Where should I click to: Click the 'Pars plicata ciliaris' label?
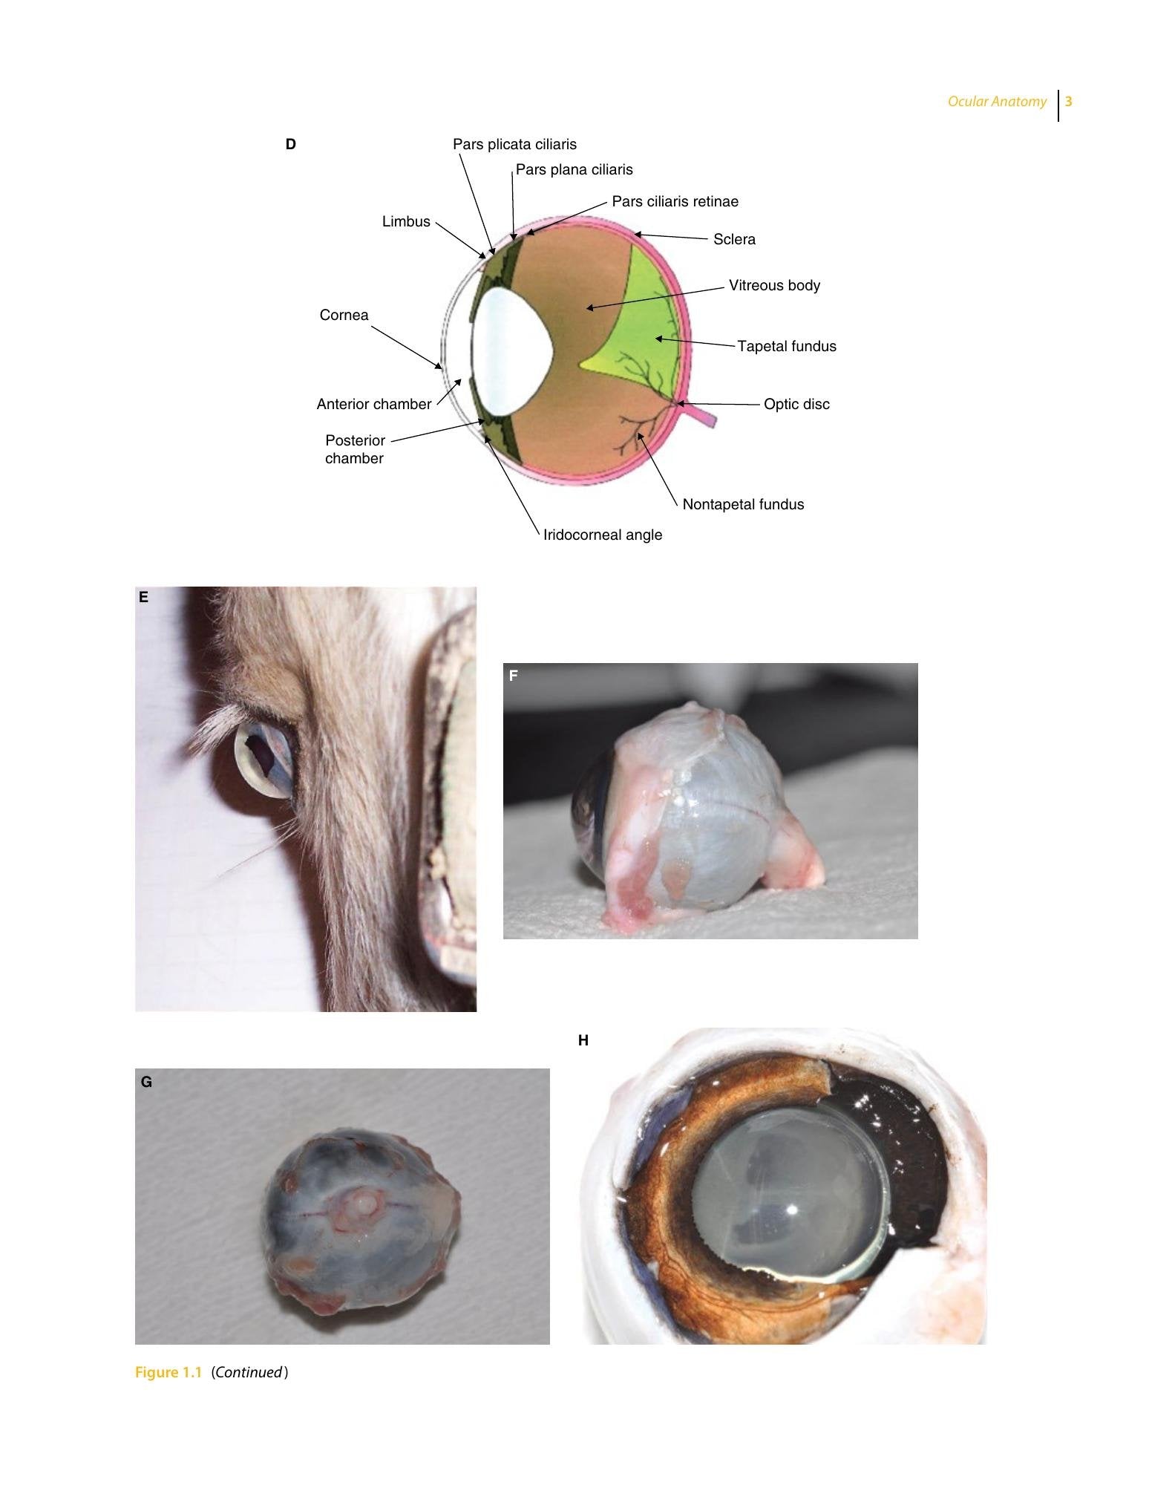click(x=514, y=144)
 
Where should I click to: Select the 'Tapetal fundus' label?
click(x=787, y=346)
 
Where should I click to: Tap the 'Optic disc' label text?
click(x=796, y=404)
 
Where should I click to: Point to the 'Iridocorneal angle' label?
click(x=603, y=535)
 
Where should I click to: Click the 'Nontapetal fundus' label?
click(x=743, y=504)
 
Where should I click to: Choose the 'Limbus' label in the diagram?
click(x=406, y=221)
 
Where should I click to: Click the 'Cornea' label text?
click(x=344, y=315)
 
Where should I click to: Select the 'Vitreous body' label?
click(x=774, y=285)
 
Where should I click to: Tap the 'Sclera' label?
click(x=734, y=239)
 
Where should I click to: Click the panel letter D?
click(x=291, y=144)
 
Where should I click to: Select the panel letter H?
click(x=583, y=1040)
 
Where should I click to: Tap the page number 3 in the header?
click(x=1069, y=102)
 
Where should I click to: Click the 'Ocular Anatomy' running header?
click(x=997, y=102)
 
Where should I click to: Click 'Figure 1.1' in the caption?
click(x=168, y=1372)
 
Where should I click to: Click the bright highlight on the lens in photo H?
click(x=791, y=1210)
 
